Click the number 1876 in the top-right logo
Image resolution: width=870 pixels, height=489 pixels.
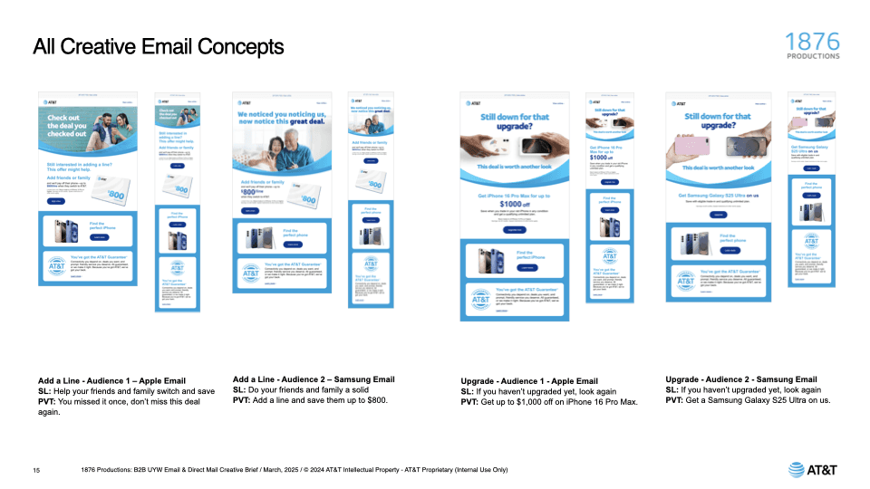coord(814,42)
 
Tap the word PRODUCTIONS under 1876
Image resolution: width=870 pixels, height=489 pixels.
coord(814,56)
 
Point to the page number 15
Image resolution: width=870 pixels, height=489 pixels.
coord(36,470)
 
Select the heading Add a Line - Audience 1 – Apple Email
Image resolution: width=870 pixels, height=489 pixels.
coord(111,379)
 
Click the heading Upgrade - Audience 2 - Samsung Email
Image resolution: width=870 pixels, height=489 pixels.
coord(741,379)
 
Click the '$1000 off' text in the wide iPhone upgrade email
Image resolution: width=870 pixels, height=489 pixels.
coord(514,205)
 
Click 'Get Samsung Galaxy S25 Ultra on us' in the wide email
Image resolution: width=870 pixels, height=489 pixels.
coord(718,195)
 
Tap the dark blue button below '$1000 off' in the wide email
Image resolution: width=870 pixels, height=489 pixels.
coord(514,229)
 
